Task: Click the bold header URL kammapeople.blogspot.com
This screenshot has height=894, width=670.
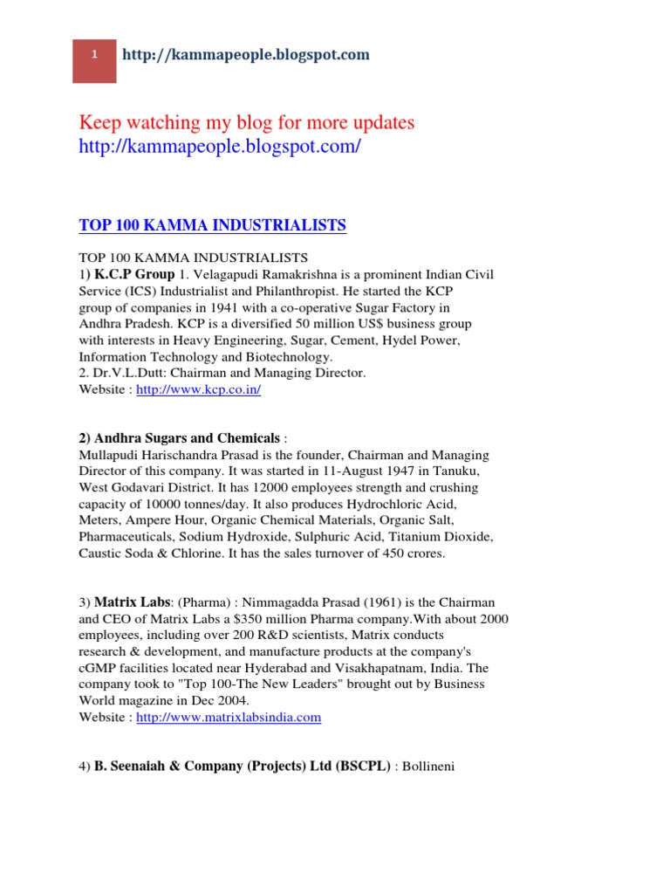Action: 246,55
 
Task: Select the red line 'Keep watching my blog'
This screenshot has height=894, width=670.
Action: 247,122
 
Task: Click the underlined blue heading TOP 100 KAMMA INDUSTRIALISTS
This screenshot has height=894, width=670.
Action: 212,226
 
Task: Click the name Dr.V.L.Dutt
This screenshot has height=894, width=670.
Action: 126,373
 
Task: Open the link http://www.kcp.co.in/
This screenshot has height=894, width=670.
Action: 199,389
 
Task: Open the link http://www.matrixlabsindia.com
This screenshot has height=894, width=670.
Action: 229,718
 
